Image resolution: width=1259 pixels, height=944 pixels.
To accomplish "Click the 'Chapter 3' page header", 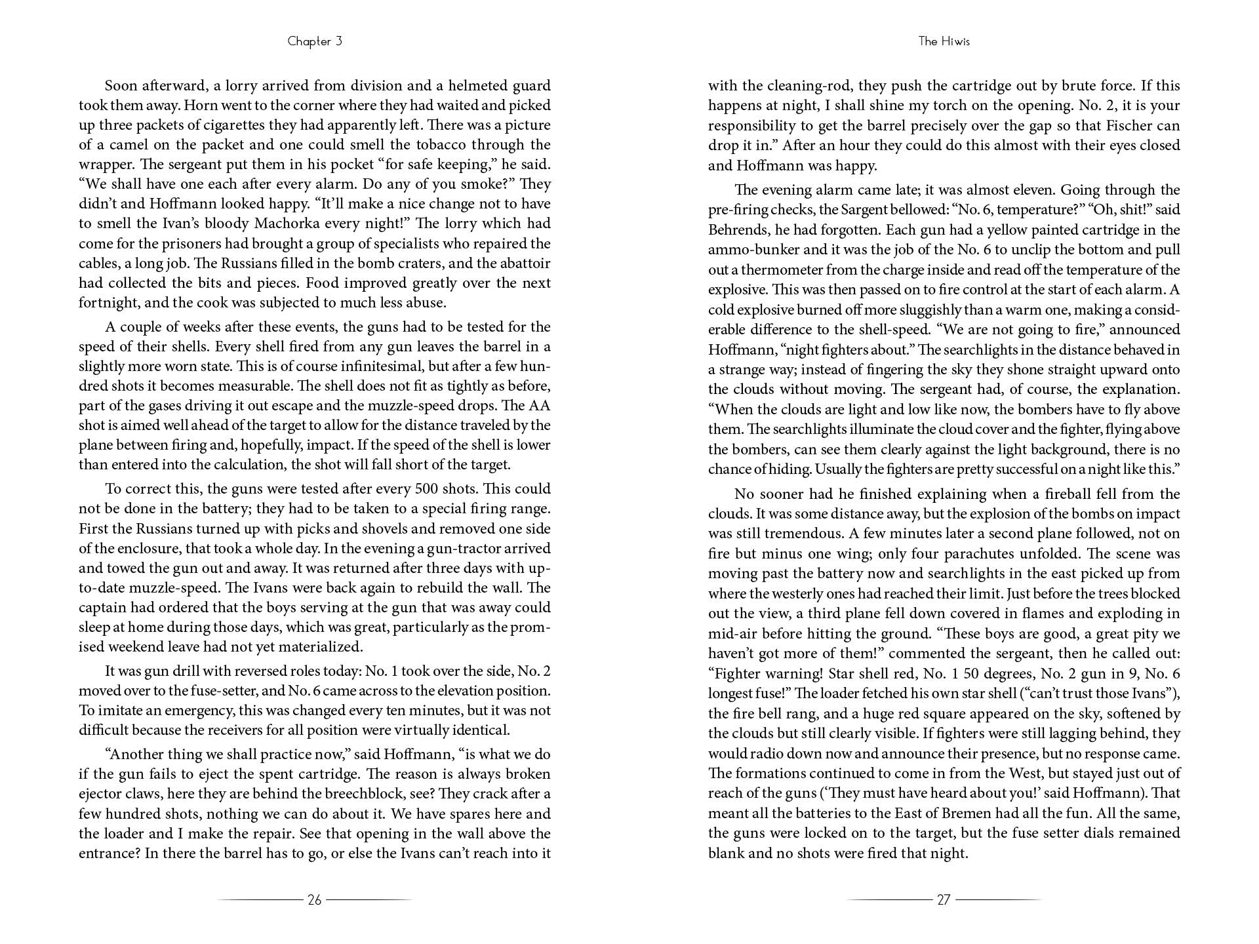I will (315, 41).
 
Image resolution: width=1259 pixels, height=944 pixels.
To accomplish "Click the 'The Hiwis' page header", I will (944, 41).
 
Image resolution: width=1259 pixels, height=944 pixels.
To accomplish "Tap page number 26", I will (315, 900).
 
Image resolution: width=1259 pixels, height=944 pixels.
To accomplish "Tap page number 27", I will (944, 900).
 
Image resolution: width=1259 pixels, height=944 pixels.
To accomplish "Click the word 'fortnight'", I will (106, 303).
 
